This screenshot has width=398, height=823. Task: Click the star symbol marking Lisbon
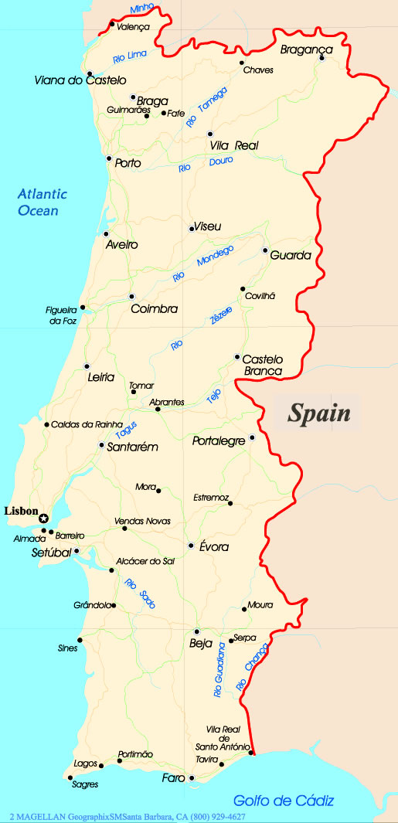[44, 519]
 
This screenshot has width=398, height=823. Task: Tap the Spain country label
[319, 413]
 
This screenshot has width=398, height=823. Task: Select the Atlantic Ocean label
[43, 202]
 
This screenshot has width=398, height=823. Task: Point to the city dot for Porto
[109, 159]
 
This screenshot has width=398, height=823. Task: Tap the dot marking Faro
[192, 777]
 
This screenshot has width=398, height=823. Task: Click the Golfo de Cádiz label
[284, 801]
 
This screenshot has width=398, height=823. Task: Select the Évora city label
[214, 547]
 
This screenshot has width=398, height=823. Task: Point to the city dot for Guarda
[265, 250]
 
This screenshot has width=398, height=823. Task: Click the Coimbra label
[155, 309]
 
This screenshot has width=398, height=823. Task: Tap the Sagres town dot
[70, 775]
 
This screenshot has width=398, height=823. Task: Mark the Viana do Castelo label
[80, 80]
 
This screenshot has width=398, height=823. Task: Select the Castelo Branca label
[263, 366]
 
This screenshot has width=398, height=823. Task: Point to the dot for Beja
[197, 631]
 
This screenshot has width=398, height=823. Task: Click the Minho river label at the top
[142, 9]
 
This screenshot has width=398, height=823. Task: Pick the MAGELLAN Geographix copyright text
[128, 817]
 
